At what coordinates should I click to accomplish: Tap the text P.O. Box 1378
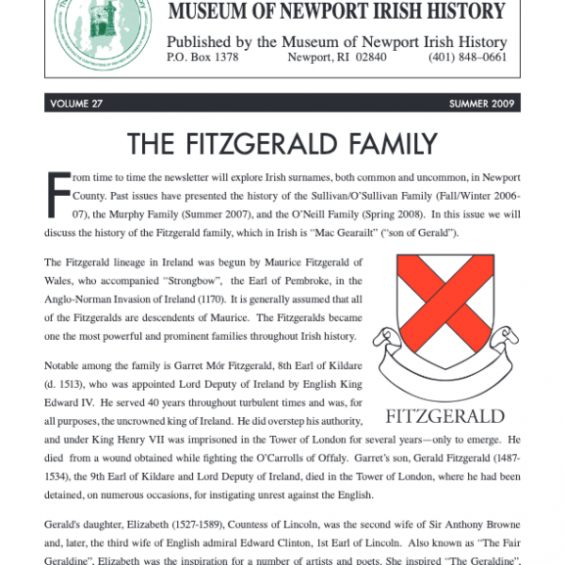click(202, 57)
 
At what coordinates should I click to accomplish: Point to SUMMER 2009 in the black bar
click(478, 104)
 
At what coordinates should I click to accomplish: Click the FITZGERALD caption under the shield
click(445, 415)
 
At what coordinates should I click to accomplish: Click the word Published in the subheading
click(202, 41)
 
